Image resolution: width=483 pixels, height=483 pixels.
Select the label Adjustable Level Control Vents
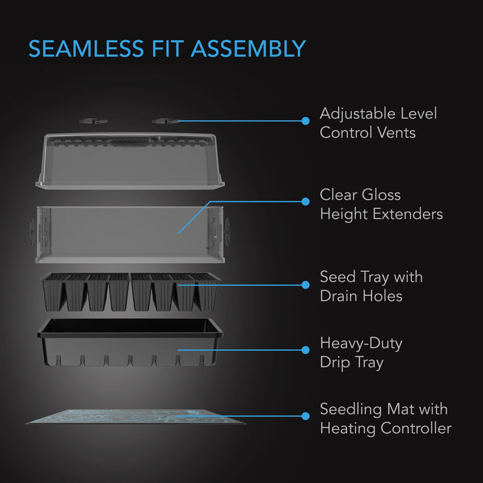pos(378,123)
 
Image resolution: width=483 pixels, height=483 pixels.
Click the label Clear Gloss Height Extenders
pos(381,204)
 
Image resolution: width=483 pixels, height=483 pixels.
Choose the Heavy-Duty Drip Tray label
pos(361,352)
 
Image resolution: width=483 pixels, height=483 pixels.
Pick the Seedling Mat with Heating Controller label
pos(385,419)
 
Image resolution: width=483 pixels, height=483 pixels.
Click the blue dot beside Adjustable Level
pos(306,121)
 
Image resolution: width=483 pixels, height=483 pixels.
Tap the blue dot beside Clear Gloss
pos(306,201)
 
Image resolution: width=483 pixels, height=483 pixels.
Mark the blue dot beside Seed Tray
pos(306,284)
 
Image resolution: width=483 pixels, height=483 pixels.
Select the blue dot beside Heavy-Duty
pos(306,349)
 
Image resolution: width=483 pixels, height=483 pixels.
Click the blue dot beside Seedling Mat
pos(306,415)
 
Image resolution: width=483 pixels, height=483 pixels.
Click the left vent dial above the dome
pos(89,120)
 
